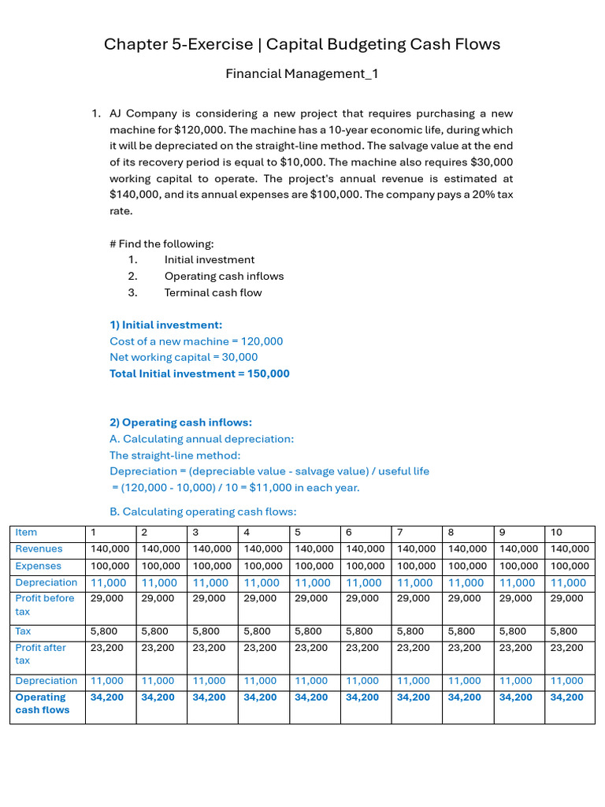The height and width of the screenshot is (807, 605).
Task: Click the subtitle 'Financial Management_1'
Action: pos(302,74)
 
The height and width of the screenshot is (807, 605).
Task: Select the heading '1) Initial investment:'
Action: pos(165,325)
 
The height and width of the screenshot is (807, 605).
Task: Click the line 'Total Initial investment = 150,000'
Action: pos(199,374)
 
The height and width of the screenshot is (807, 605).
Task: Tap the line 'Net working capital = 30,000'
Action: pos(184,357)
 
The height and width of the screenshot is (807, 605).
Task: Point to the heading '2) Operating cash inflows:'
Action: pos(180,422)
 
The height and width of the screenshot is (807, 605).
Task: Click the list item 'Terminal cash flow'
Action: pos(213,292)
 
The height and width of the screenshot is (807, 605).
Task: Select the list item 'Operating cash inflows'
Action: pos(224,276)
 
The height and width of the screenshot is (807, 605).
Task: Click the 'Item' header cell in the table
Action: pos(26,533)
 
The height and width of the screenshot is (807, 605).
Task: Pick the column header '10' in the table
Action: pos(557,533)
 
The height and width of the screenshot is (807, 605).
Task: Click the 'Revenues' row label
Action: pos(39,549)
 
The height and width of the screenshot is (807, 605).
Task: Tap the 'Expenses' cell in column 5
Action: pos(314,566)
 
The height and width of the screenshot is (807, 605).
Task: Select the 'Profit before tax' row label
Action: pos(44,604)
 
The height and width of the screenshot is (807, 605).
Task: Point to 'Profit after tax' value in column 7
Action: pos(416,648)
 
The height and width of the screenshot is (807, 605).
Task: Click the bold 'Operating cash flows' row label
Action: pos(42,703)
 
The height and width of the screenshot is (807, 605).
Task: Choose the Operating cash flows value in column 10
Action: pos(567,697)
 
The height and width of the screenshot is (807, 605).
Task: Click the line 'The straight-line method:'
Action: pos(174,455)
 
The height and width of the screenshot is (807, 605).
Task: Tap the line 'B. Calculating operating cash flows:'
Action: pos(202,511)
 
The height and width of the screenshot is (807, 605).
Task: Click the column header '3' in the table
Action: pos(195,533)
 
